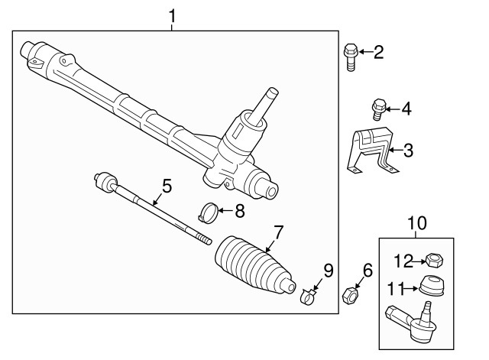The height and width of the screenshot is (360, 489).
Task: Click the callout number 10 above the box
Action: point(417,223)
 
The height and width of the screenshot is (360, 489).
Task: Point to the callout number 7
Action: point(279,231)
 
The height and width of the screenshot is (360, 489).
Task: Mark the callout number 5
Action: point(167,185)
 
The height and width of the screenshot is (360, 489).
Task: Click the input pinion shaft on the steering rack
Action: point(267,101)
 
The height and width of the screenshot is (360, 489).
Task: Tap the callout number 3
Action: point(407,150)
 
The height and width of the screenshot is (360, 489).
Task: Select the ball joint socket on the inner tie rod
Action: point(104,182)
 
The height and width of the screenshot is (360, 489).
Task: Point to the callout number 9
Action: point(329,269)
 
